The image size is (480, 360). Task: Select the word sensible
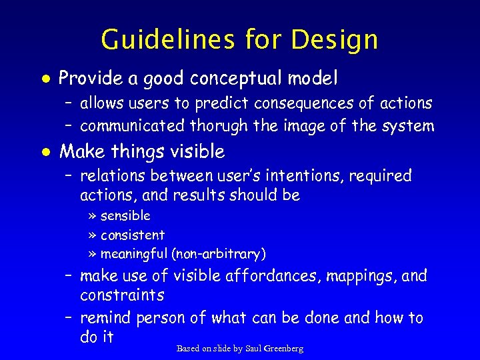pyautogui.click(x=125, y=216)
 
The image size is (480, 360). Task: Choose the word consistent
pyautogui.click(x=133, y=235)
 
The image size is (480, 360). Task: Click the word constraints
pyautogui.click(x=122, y=295)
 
